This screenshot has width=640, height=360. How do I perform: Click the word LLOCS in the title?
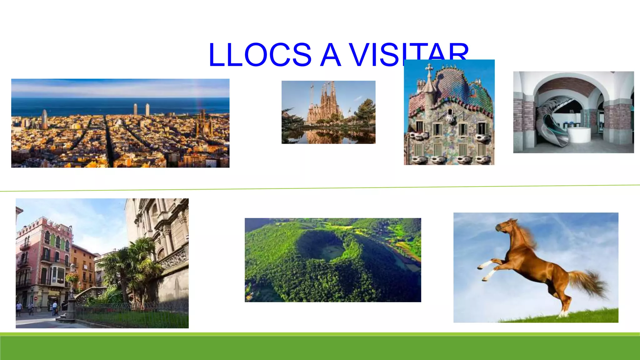pyautogui.click(x=260, y=55)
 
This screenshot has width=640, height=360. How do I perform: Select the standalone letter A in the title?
pyautogui.click(x=330, y=55)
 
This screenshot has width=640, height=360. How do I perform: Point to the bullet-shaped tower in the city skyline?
pyautogui.click(x=45, y=119)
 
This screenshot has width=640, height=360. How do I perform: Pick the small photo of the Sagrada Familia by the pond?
pyautogui.click(x=328, y=112)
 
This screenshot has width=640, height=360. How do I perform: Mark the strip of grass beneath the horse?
pyautogui.click(x=562, y=317)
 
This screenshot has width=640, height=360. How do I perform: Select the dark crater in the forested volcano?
pyautogui.click(x=320, y=245)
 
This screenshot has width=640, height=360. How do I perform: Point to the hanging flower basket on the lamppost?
pyautogui.click(x=72, y=277)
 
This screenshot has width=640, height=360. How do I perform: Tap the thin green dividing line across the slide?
pyautogui.click(x=320, y=188)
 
